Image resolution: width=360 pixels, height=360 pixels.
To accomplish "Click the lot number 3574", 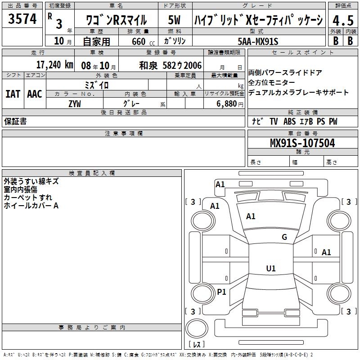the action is pyautogui.click(x=22, y=19).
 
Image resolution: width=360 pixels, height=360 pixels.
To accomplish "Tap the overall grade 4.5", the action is pyautogui.click(x=343, y=20).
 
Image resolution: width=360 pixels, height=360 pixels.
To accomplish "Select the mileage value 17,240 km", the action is pyautogui.click(x=54, y=65).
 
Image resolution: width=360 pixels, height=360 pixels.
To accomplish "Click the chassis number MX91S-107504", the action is pyautogui.click(x=302, y=143).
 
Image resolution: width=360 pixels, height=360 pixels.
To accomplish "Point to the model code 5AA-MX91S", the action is pyautogui.click(x=258, y=41).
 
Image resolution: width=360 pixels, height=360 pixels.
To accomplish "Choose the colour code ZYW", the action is pyautogui.click(x=75, y=104).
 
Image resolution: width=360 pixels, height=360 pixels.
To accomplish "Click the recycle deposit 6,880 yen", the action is pyautogui.click(x=230, y=104).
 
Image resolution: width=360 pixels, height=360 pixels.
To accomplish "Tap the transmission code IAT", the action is pyautogui.click(x=13, y=94).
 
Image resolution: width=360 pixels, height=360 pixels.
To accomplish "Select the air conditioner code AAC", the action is pyautogui.click(x=35, y=94).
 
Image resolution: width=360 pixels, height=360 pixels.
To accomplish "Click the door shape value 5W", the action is pyautogui.click(x=174, y=20).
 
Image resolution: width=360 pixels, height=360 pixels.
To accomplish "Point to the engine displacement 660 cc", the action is pyautogui.click(x=143, y=41).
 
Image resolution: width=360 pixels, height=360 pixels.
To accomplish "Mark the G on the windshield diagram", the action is pyautogui.click(x=284, y=237).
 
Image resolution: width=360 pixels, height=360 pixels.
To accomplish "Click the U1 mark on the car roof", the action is pyautogui.click(x=271, y=268).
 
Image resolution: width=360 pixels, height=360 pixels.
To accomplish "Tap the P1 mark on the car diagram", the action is pyautogui.click(x=221, y=292).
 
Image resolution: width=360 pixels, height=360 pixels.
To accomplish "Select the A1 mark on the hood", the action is pyautogui.click(x=251, y=216).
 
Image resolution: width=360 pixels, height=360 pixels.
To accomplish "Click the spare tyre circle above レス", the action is pyautogui.click(x=197, y=328).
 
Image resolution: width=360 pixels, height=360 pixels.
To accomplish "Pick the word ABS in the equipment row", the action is pyautogui.click(x=289, y=121).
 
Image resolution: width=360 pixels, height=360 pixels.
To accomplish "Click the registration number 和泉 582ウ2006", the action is pyautogui.click(x=171, y=66).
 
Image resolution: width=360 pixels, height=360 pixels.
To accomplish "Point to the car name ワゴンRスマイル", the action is pyautogui.click(x=117, y=20).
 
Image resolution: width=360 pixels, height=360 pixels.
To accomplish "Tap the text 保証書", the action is pyautogui.click(x=15, y=121).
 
